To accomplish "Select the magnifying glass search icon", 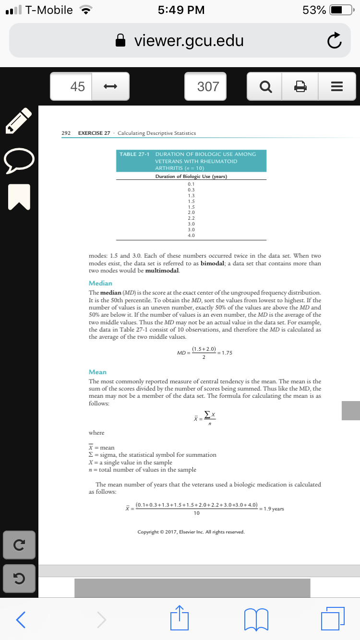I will tap(264, 87).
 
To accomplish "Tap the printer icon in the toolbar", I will tap(300, 87).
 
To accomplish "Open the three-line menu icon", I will tap(336, 87).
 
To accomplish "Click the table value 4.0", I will tap(191, 236).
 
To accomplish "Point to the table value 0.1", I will tap(191, 184).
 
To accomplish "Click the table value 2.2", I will tap(191, 218).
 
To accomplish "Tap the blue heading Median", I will tap(100, 284).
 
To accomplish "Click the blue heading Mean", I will tap(97, 372).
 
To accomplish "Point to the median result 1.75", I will tap(227, 353).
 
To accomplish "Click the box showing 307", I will tap(208, 87).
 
